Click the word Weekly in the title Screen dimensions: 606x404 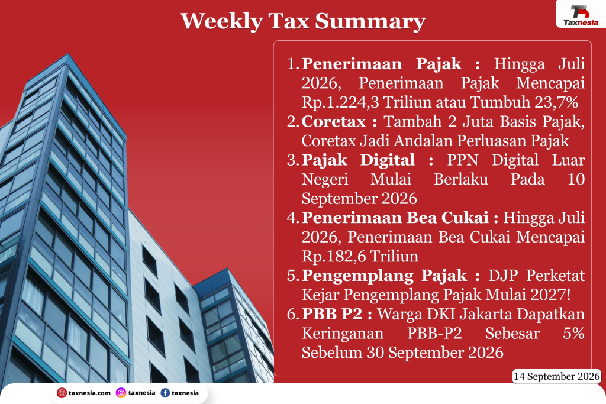[x=221, y=21]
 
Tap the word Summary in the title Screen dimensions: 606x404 [x=370, y=22]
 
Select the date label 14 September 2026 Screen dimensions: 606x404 [x=556, y=376]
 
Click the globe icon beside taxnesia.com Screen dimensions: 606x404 [x=62, y=393]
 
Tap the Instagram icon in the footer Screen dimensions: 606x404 [x=121, y=393]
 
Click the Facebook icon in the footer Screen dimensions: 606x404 [x=165, y=393]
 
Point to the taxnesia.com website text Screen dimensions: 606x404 [x=90, y=393]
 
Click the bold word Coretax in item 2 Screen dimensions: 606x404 [x=334, y=122]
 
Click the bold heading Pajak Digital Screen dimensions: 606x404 [x=358, y=160]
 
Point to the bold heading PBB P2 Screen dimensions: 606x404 [x=332, y=314]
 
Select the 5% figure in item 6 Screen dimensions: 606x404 [x=573, y=334]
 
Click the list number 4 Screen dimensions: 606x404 [x=293, y=218]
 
